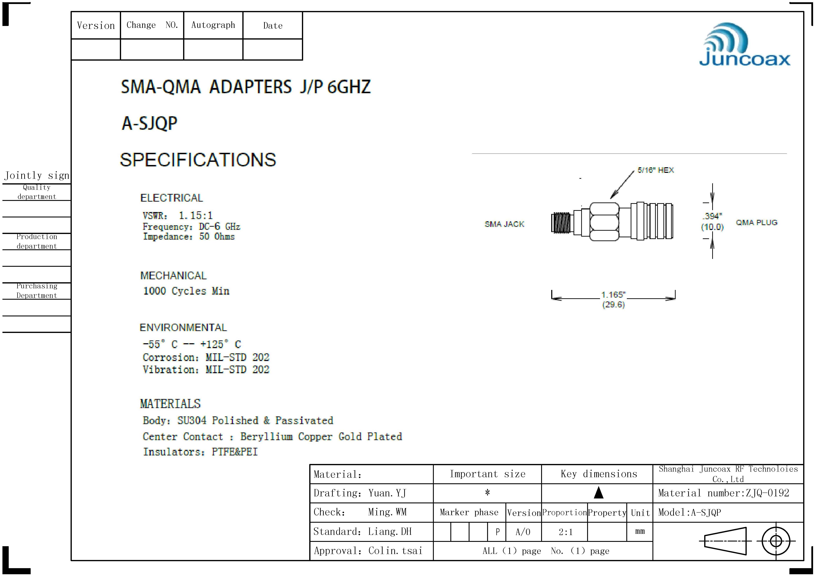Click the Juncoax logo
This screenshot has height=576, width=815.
(744, 45)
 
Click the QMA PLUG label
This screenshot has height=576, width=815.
(756, 222)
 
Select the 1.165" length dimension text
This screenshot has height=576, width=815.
(613, 295)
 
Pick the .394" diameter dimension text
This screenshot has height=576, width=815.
(712, 216)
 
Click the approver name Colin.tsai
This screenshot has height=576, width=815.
(395, 551)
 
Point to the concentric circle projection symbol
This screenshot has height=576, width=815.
(776, 541)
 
